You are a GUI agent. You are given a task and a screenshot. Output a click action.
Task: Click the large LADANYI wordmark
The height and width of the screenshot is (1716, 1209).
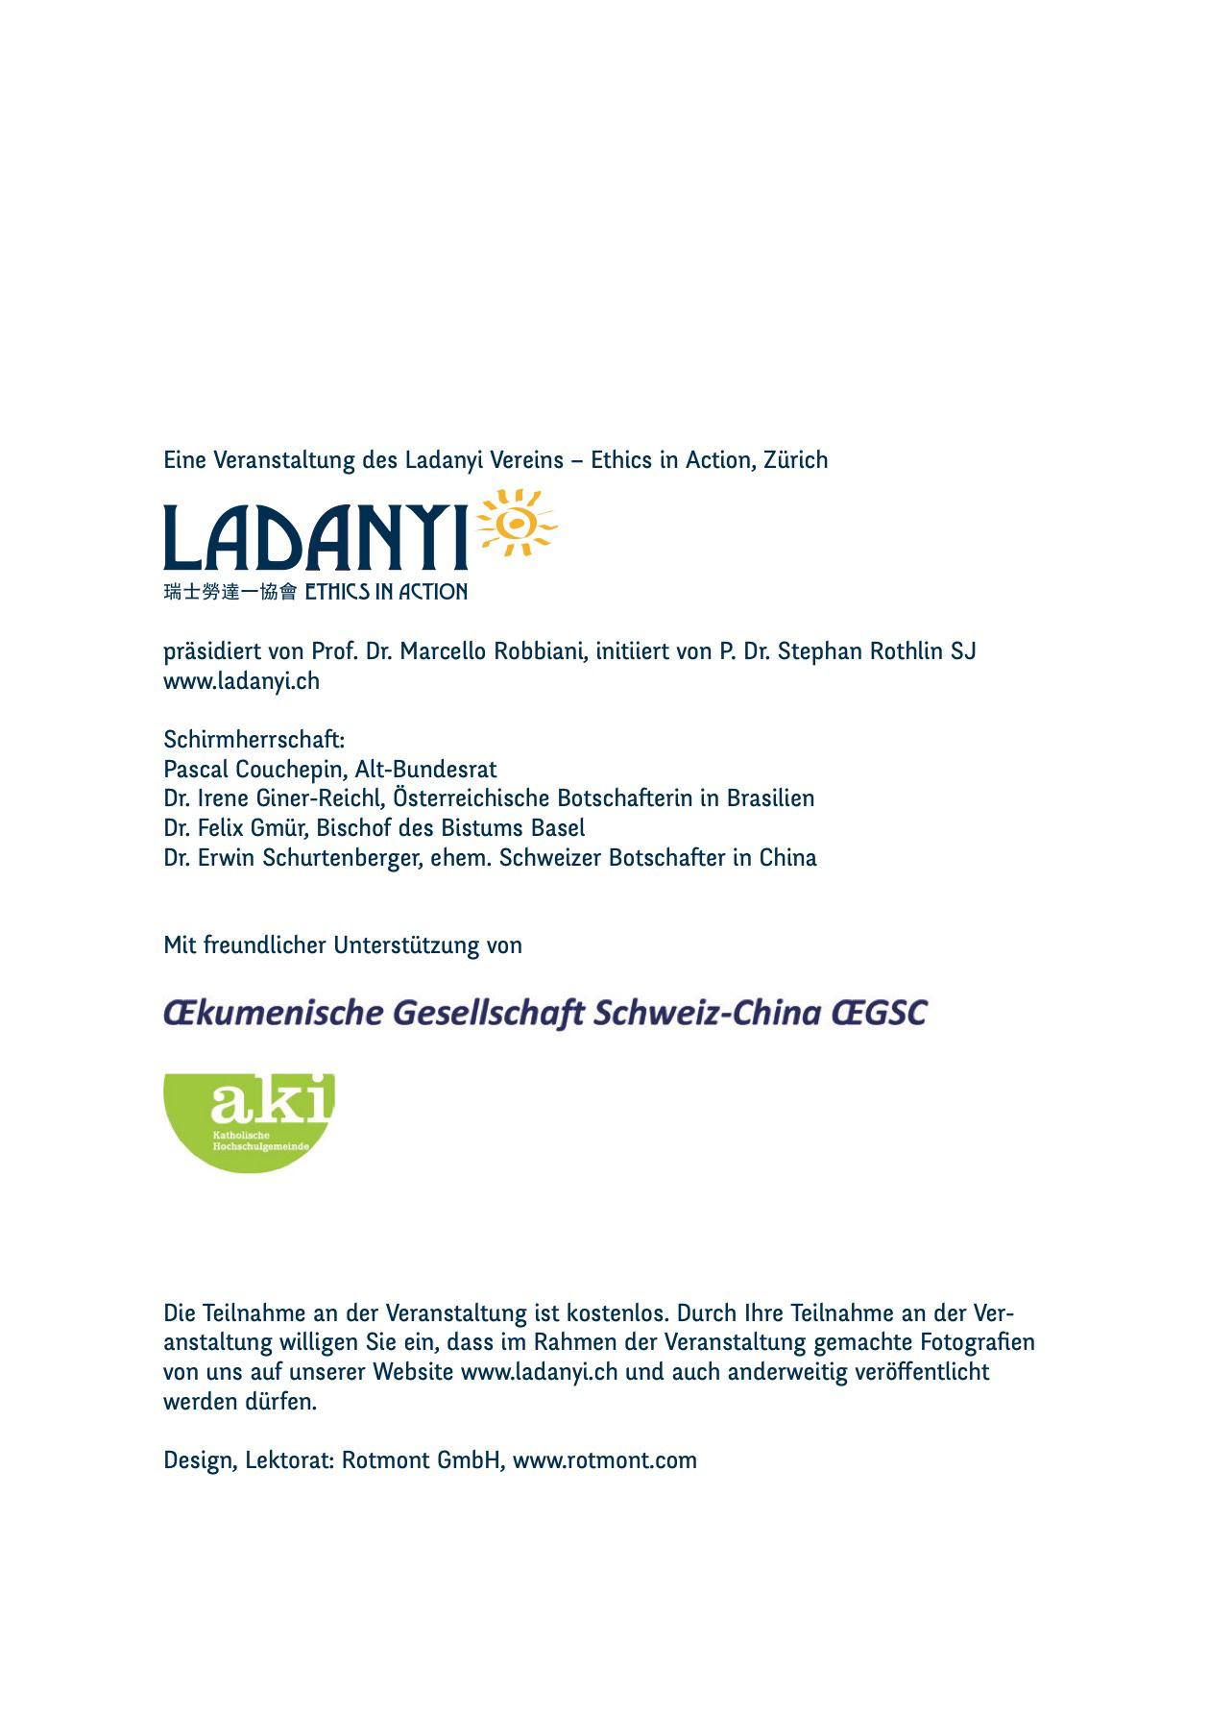[x=315, y=538]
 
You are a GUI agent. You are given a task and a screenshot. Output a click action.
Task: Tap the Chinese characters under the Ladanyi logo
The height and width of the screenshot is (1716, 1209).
[x=230, y=592]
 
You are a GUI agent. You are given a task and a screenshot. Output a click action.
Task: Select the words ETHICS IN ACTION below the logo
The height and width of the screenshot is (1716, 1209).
[x=386, y=592]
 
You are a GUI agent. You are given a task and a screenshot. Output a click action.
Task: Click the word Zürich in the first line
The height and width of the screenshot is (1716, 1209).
[x=795, y=460]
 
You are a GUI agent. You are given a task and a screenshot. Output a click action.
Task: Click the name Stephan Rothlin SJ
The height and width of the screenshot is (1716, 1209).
[x=877, y=651]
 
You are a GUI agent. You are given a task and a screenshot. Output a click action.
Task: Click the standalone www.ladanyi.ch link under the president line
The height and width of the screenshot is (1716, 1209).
[x=241, y=681]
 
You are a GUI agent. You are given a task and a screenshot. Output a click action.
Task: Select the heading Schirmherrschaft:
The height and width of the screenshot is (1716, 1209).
[x=254, y=740]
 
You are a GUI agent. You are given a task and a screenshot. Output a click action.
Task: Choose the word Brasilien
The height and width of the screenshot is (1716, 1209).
[x=770, y=798]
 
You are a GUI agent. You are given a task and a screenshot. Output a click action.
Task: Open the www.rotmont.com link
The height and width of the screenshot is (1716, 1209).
[x=604, y=1460]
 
